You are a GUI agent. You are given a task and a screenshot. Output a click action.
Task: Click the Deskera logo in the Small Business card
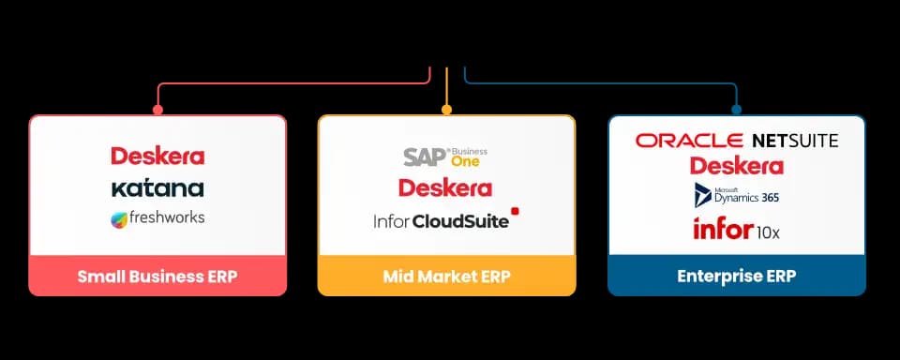coord(157,156)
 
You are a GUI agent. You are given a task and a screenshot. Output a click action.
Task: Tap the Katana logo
coord(157,187)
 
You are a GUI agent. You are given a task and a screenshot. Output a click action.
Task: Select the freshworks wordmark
coord(167,217)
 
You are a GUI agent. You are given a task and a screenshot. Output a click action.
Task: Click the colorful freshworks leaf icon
coord(119,220)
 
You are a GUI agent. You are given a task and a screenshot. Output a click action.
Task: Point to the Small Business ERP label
coord(157,277)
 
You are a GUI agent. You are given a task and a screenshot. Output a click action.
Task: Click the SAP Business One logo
coord(445,157)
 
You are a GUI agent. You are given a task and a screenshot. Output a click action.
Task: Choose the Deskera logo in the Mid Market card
coord(445,187)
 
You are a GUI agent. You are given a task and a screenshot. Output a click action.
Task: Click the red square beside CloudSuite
coord(515,211)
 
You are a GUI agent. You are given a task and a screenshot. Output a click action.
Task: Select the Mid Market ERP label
coord(446,277)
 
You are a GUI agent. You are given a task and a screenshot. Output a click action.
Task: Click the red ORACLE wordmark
coord(689,140)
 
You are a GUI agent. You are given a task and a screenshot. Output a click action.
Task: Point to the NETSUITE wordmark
coord(796,140)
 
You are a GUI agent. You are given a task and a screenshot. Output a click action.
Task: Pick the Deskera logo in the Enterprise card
coord(737,166)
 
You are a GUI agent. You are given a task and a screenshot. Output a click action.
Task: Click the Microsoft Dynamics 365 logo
coord(737,195)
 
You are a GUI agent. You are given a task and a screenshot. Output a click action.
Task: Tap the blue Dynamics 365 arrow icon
coord(702,195)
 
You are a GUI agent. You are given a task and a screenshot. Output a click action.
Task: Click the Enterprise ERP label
coord(737,277)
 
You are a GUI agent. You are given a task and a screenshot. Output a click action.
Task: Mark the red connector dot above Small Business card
coord(157,109)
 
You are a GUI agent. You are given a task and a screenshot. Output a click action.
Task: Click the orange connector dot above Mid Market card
coord(446,109)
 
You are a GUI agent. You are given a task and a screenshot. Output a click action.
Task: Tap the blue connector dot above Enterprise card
coord(737,109)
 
